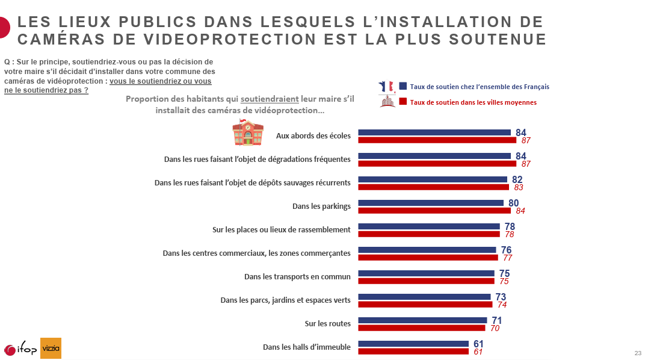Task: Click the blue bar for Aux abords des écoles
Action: click(434, 132)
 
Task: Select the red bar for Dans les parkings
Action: click(434, 211)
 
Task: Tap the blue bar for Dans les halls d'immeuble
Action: click(413, 344)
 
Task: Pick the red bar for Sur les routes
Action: click(421, 328)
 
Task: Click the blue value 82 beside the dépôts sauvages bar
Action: click(517, 179)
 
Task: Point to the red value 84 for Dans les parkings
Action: click(520, 211)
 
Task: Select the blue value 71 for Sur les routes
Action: click(496, 320)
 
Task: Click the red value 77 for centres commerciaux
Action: click(507, 258)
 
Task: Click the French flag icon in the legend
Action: click(386, 86)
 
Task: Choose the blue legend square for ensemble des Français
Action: click(403, 86)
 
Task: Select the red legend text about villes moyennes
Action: click(473, 102)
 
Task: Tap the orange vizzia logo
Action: click(51, 348)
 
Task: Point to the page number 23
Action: click(638, 353)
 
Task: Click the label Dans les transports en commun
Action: click(297, 277)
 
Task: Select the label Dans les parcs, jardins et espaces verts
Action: click(285, 300)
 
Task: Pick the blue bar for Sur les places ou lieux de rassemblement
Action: click(428, 226)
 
